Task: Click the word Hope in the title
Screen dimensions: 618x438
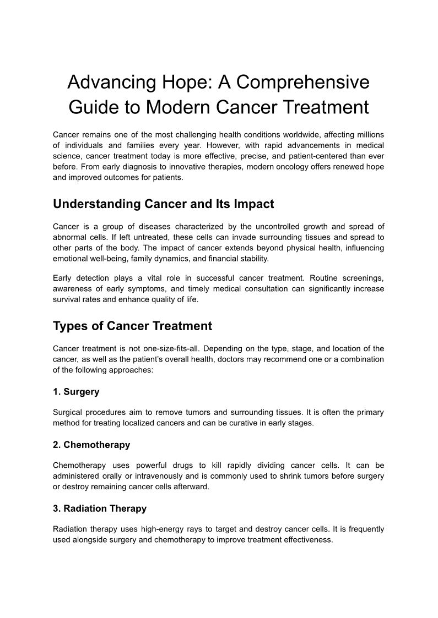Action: tap(183, 83)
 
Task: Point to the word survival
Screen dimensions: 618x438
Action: tap(66, 299)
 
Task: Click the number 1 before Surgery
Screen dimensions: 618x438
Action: tap(56, 392)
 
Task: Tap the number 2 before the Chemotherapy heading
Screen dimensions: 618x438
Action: tap(56, 445)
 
